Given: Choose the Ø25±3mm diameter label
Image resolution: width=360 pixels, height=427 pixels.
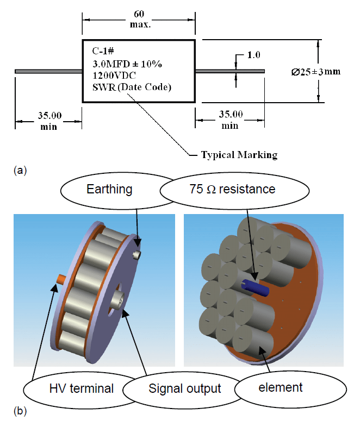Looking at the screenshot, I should tap(315, 71).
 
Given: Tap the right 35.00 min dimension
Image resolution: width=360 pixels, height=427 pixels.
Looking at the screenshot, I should tap(231, 121).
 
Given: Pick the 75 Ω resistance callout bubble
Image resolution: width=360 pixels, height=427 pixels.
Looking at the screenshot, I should tap(234, 190).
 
